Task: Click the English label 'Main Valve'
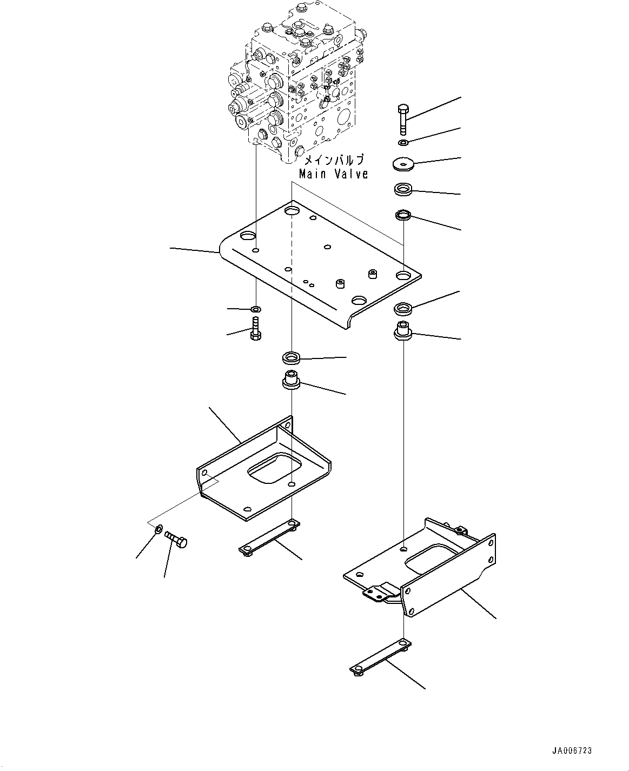334,174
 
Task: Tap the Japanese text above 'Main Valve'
334,160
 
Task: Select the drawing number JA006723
572,751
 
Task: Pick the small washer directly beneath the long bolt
403,143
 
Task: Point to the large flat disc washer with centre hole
403,164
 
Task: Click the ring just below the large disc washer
403,190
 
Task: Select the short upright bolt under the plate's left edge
255,328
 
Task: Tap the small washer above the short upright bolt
255,309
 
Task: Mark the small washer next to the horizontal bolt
157,529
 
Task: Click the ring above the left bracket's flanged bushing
292,357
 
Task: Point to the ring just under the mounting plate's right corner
403,310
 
